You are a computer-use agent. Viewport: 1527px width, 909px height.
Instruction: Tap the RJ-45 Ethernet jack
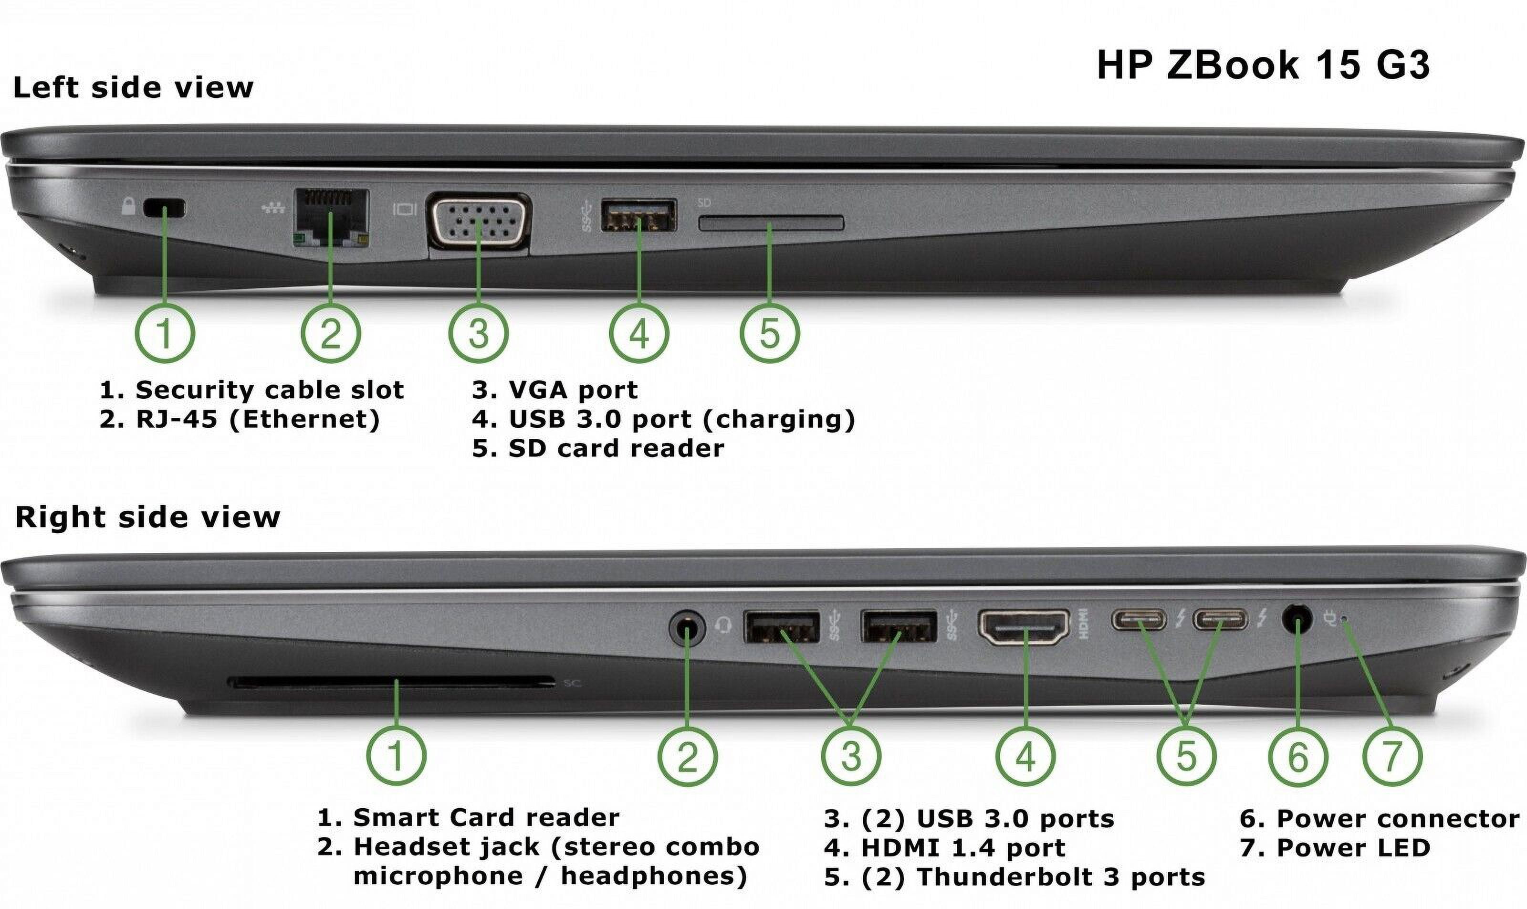point(331,217)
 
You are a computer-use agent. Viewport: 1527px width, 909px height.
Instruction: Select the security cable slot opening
point(164,208)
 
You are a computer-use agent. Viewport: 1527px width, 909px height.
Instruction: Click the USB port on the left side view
point(638,214)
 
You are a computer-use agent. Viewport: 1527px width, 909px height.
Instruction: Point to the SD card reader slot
point(771,223)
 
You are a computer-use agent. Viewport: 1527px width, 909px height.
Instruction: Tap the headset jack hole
point(686,628)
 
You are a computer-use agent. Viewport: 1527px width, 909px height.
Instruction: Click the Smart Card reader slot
point(392,682)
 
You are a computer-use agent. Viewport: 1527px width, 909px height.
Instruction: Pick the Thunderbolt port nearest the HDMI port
point(1140,619)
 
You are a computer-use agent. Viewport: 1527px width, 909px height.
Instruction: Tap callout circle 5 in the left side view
point(770,334)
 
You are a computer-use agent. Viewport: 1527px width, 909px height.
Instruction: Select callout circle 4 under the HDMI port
point(1025,757)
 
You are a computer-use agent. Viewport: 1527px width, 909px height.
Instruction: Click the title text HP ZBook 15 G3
point(1263,65)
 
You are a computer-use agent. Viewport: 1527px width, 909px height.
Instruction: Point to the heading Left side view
point(133,87)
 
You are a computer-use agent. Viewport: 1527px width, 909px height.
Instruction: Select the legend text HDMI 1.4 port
point(945,848)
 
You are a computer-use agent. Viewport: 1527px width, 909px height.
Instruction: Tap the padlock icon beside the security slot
point(128,206)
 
